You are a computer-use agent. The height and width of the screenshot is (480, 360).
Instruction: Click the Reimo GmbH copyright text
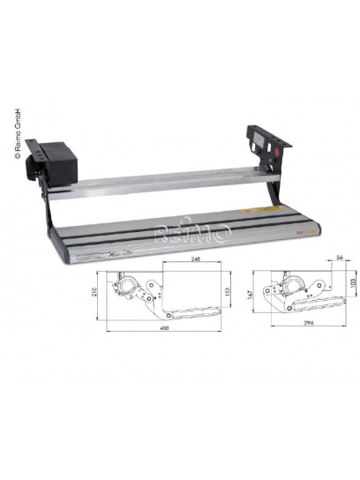tap(14, 132)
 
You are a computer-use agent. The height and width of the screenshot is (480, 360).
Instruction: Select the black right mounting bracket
tap(264, 142)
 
